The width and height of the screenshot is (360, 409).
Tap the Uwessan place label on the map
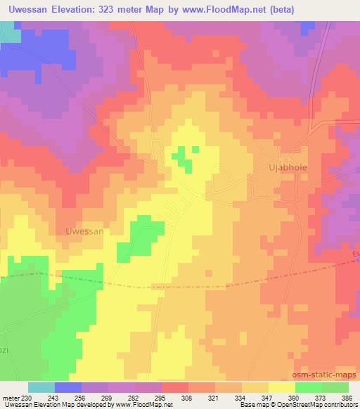click(84, 231)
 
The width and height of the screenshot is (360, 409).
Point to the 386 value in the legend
click(347, 398)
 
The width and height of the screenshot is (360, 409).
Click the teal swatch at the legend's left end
click(41, 387)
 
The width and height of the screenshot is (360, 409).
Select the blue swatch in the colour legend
click(68, 387)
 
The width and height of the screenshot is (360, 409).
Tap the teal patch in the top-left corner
click(9, 31)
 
